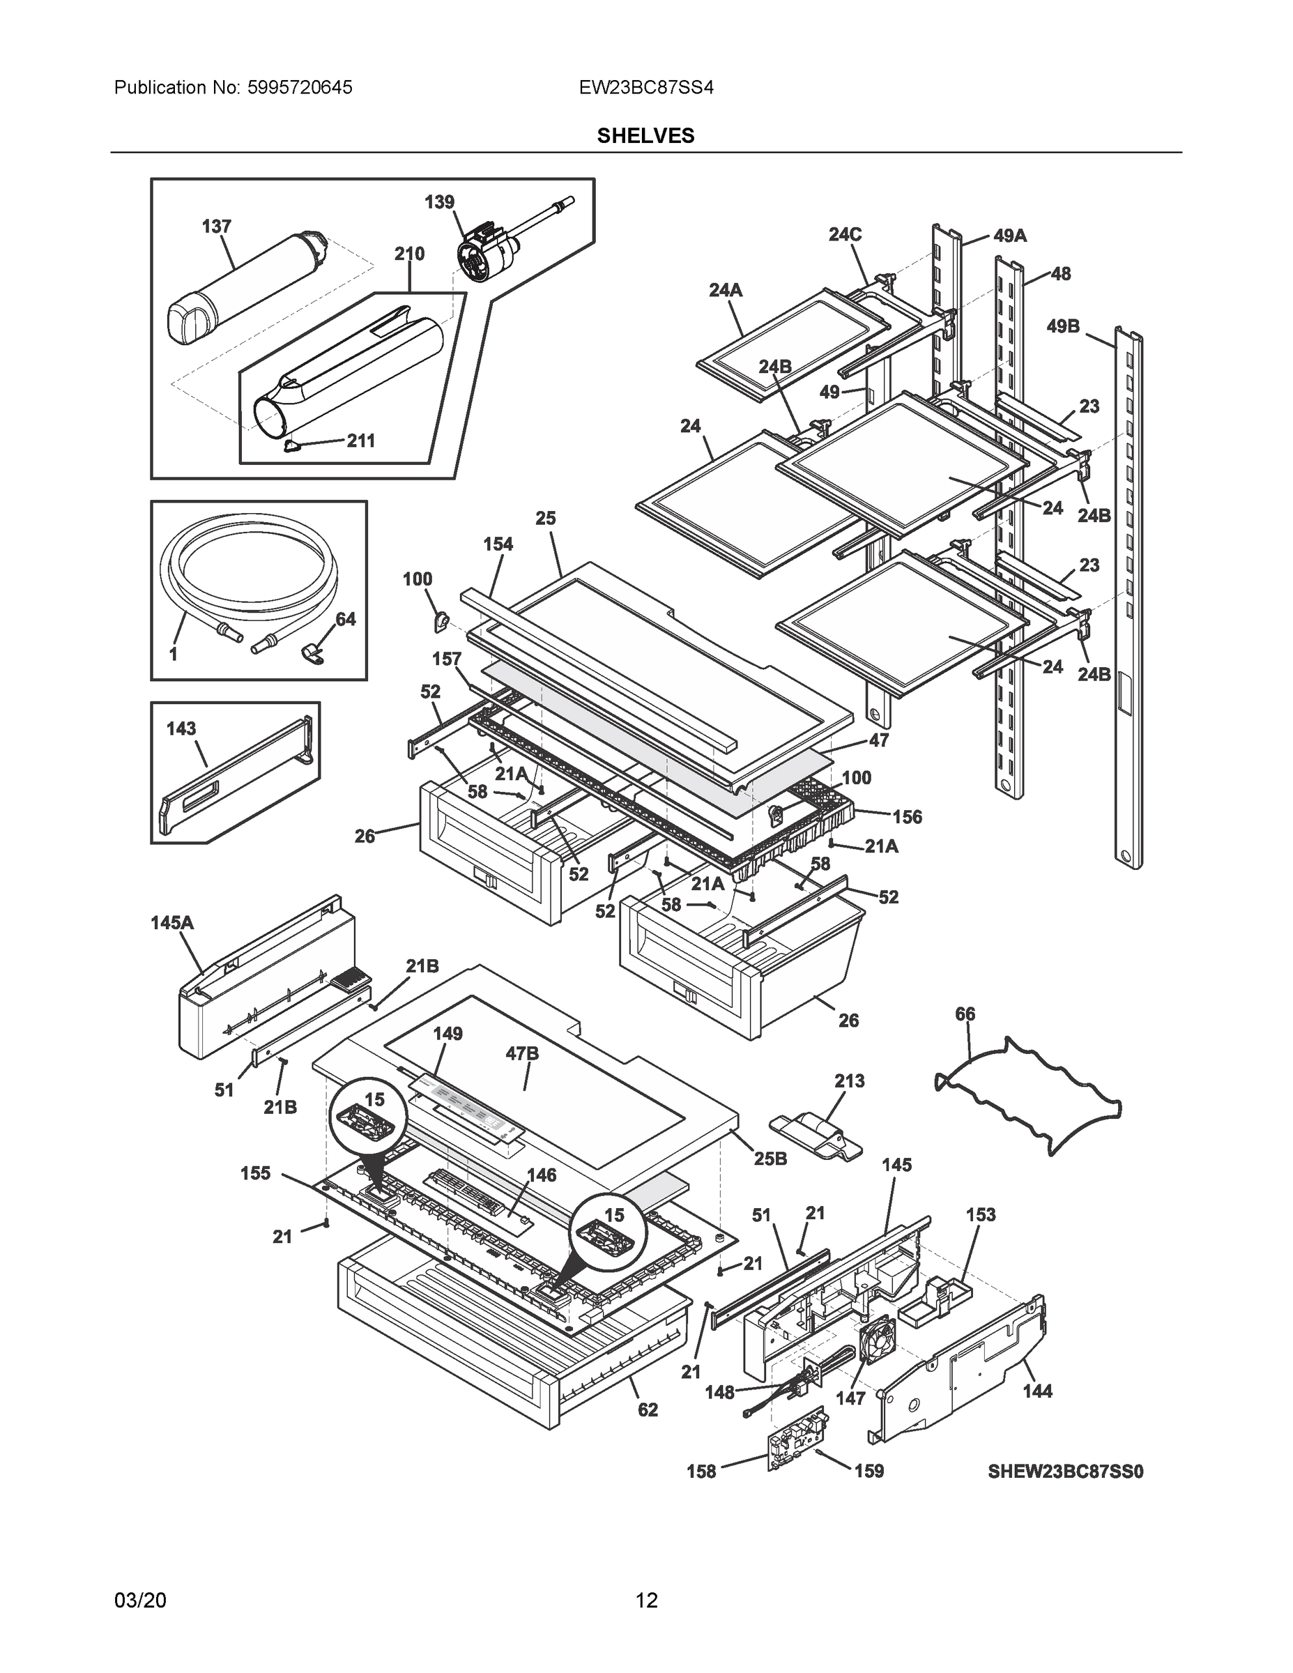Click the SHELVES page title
tap(645, 136)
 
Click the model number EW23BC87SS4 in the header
tap(645, 87)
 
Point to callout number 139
tap(440, 202)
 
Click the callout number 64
tap(346, 619)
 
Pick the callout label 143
tap(181, 728)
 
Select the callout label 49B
tap(1063, 327)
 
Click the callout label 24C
tap(845, 234)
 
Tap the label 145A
tap(172, 923)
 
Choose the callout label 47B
tap(522, 1054)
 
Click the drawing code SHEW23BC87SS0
tap(1065, 1472)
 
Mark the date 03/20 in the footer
tap(140, 1601)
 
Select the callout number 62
tap(648, 1410)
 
